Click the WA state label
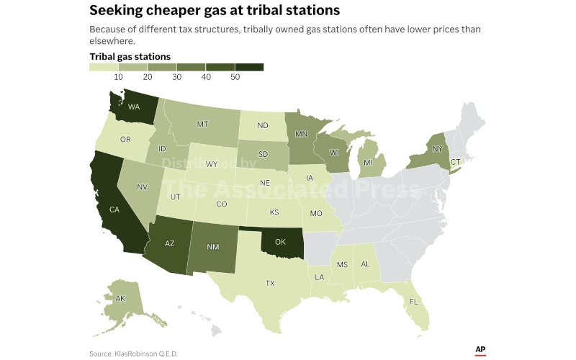134,107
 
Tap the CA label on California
113,210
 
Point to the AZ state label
170,243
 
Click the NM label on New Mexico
212,247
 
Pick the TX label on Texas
270,283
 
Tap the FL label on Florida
413,302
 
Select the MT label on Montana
202,123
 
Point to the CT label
454,163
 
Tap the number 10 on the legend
118,77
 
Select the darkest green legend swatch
249,67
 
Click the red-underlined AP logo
480,349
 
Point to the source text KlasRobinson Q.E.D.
146,353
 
